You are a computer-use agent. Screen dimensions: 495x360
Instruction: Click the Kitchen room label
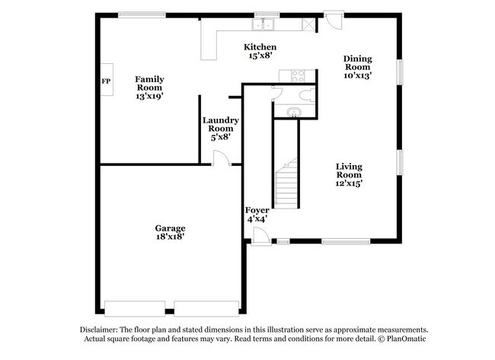[260, 47]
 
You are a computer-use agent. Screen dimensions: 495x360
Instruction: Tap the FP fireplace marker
[106, 81]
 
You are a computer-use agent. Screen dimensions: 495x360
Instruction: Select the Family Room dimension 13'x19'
[149, 96]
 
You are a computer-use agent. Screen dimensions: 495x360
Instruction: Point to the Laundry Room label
[221, 124]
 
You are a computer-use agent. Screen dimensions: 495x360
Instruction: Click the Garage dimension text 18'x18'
[170, 237]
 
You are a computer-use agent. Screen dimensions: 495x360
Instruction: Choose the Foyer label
[257, 210]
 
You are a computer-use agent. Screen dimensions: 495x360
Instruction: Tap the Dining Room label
[358, 62]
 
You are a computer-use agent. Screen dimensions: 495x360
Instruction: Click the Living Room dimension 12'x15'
[349, 183]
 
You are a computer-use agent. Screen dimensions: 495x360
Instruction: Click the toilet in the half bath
[307, 95]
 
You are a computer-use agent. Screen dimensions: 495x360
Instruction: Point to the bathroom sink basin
[294, 112]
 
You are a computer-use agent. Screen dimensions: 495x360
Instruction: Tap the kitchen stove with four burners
[298, 75]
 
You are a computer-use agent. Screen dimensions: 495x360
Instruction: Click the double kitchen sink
[263, 24]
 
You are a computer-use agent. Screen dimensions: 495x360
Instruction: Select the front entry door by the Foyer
[260, 237]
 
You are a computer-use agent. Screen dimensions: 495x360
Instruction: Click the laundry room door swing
[222, 158]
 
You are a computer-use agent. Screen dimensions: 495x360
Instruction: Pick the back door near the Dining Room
[334, 21]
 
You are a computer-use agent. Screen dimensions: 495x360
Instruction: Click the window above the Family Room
[142, 14]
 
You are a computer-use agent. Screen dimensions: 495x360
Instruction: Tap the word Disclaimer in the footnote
[99, 330]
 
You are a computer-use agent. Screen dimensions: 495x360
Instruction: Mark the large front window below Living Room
[346, 241]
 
